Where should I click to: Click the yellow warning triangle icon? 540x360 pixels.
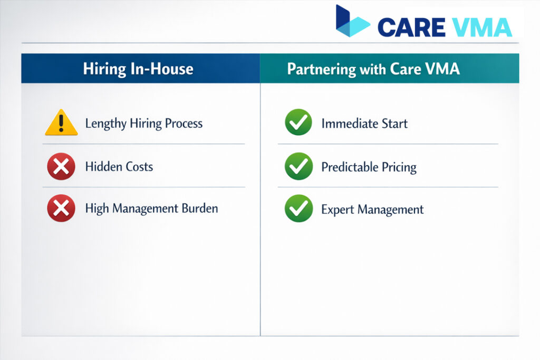click(62, 123)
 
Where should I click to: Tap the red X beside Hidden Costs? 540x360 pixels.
click(61, 167)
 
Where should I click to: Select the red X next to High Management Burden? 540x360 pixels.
click(61, 209)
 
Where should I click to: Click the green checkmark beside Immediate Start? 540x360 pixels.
click(298, 123)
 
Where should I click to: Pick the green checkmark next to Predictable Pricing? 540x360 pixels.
click(298, 167)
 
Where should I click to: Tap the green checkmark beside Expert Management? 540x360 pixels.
click(298, 209)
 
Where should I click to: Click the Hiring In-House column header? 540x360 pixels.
click(138, 69)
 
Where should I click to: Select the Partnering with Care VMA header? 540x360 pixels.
click(373, 69)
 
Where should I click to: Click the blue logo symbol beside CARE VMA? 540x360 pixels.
click(351, 22)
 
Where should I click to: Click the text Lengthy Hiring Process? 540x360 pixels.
click(144, 124)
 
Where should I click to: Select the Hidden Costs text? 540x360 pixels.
click(119, 167)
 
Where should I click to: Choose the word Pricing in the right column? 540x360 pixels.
click(397, 168)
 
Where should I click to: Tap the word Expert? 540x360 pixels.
click(337, 210)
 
